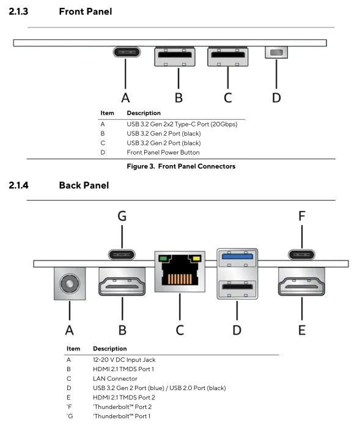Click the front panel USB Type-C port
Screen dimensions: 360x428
(x=127, y=52)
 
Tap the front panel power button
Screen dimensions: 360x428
(x=276, y=52)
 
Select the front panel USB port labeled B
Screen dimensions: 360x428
(x=175, y=56)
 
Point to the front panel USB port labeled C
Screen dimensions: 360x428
(x=228, y=56)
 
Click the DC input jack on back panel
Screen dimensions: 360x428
(x=70, y=284)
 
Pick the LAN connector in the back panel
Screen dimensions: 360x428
(x=180, y=271)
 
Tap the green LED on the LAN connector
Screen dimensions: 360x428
(x=163, y=258)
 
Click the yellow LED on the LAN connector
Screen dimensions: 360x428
(x=197, y=258)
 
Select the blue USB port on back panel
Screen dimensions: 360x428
(x=237, y=257)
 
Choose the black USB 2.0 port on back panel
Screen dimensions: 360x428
(x=237, y=289)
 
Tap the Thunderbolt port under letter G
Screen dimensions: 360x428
(x=122, y=255)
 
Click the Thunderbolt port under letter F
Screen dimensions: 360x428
(x=301, y=255)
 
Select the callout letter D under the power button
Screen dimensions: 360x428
(x=276, y=98)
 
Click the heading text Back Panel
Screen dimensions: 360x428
(x=84, y=185)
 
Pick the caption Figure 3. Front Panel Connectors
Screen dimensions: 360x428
(x=181, y=166)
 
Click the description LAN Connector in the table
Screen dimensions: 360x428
(x=115, y=378)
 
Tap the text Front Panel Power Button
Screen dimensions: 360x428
(x=163, y=152)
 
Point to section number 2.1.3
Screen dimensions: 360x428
(x=18, y=12)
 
